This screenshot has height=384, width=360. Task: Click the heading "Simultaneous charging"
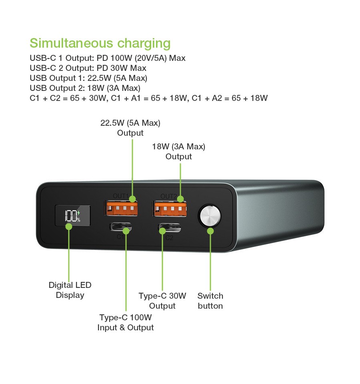100,44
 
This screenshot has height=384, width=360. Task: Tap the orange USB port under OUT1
122,208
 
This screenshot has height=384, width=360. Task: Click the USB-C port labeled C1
120,227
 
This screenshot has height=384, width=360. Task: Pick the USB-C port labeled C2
170,227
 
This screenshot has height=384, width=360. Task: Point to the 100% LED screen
73,215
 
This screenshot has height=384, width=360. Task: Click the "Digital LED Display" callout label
70,290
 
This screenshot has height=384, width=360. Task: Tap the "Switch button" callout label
210,301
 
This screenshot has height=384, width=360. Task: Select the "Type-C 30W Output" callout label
162,301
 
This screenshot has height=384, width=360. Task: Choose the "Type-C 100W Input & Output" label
126,322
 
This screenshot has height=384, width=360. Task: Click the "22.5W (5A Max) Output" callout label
130,128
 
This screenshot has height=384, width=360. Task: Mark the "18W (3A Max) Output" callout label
179,151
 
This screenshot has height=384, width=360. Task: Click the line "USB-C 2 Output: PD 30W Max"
88,68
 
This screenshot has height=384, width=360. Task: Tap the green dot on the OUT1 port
132,199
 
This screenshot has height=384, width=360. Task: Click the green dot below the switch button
210,231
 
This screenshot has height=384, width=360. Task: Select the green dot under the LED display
69,227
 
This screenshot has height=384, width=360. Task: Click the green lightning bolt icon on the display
79,213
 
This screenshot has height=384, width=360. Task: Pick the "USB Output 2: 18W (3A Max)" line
85,88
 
